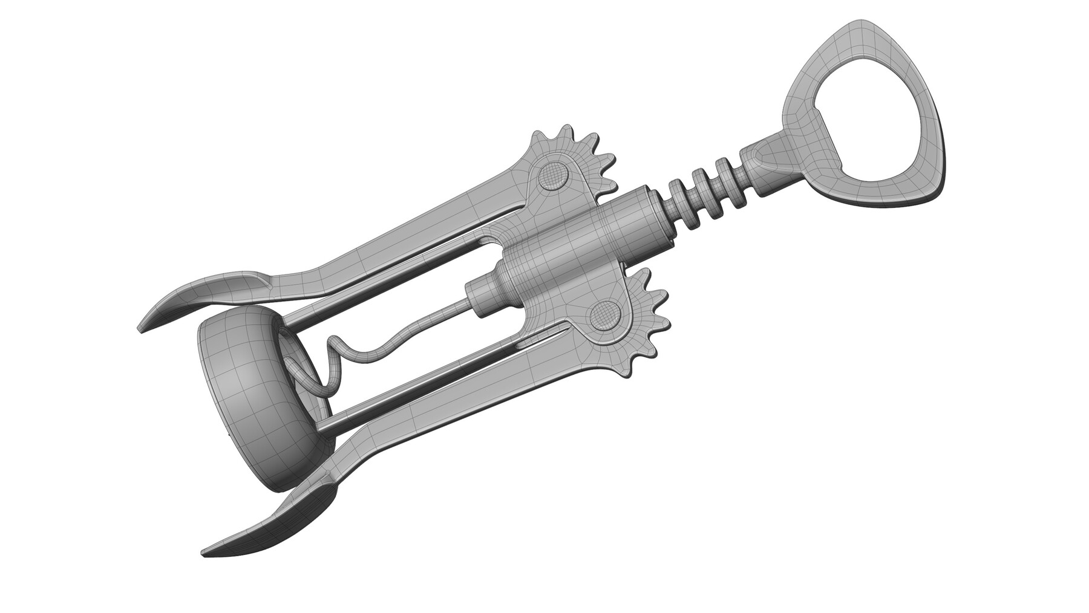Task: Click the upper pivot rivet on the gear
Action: [x=553, y=176]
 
